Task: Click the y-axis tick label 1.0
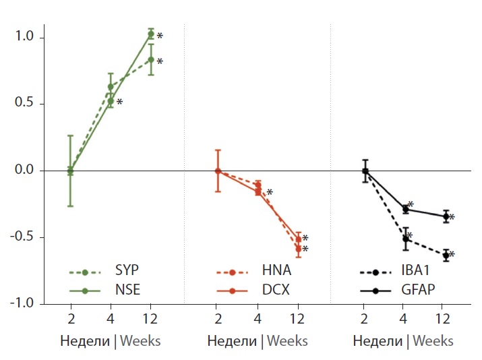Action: tap(24, 38)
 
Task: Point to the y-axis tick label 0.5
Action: tap(24, 104)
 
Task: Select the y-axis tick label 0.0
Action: tap(24, 171)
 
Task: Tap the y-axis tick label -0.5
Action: tap(22, 237)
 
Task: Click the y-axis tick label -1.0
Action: tap(22, 303)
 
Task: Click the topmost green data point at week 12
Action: tap(151, 34)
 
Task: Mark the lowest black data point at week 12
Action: tap(446, 256)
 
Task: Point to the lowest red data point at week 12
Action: tap(298, 249)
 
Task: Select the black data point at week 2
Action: tap(365, 171)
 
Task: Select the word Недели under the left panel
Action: tap(85, 340)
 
